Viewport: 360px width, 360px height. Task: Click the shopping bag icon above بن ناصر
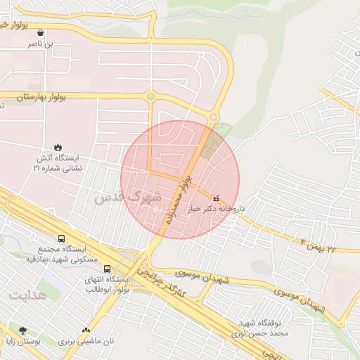point(40,32)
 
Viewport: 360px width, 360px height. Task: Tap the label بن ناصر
point(40,44)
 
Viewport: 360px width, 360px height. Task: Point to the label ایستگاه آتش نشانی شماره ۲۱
point(58,163)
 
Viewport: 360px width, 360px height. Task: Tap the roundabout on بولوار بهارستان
point(150,96)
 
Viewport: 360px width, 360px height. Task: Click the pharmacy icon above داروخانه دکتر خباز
point(215,198)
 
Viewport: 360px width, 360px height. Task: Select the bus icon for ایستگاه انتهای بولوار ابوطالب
point(108,269)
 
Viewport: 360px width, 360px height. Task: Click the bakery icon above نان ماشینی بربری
point(86,330)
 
